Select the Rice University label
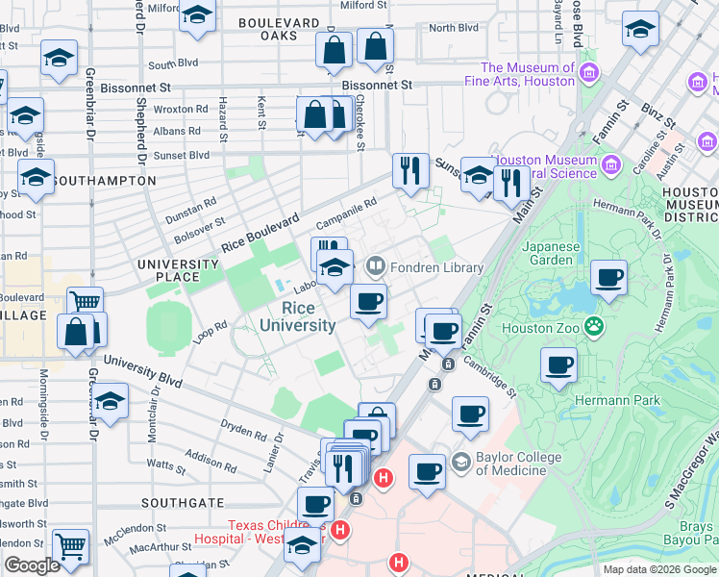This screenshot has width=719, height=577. [x=309, y=316]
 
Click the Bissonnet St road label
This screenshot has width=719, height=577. [x=377, y=85]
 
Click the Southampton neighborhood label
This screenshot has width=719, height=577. [x=104, y=181]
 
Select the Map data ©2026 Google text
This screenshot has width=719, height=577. [x=658, y=569]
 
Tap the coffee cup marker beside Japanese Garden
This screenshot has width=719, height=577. [x=607, y=279]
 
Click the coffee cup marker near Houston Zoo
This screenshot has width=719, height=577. [x=558, y=366]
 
